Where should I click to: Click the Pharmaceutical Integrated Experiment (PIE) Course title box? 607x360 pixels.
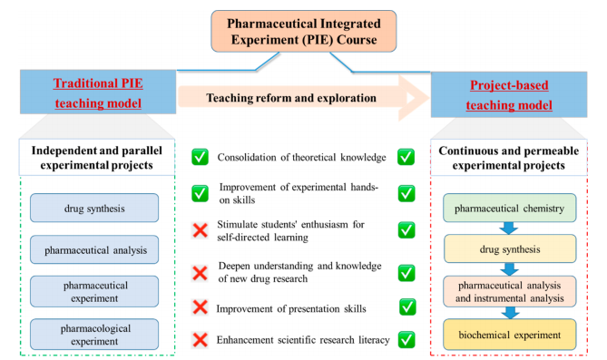tap(303, 32)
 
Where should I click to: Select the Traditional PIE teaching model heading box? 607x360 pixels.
tap(98, 92)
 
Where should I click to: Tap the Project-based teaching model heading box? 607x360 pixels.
tap(509, 94)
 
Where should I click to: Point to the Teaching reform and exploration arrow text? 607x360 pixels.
tap(291, 98)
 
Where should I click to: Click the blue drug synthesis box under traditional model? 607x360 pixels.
tap(94, 208)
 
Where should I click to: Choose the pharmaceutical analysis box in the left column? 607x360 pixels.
tap(94, 249)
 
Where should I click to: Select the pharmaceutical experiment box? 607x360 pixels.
tap(94, 291)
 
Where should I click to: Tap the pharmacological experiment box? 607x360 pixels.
tap(94, 335)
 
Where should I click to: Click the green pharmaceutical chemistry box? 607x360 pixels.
tap(509, 208)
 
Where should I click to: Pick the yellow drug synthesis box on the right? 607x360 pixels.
tap(509, 248)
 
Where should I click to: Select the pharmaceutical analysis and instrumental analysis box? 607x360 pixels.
tap(509, 291)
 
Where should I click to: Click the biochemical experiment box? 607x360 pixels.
tap(509, 335)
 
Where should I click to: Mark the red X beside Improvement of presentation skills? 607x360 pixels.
tap(201, 307)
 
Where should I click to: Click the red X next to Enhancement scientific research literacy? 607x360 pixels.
tap(201, 340)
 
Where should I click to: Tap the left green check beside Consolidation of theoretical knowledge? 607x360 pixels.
tap(201, 157)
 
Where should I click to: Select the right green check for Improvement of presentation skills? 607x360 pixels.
tap(407, 307)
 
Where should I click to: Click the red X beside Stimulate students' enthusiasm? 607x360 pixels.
tap(201, 230)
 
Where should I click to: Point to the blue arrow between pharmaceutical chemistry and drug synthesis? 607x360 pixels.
tap(509, 228)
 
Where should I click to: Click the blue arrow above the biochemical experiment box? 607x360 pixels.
tap(510, 313)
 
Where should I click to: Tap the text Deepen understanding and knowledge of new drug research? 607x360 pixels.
tap(300, 272)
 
